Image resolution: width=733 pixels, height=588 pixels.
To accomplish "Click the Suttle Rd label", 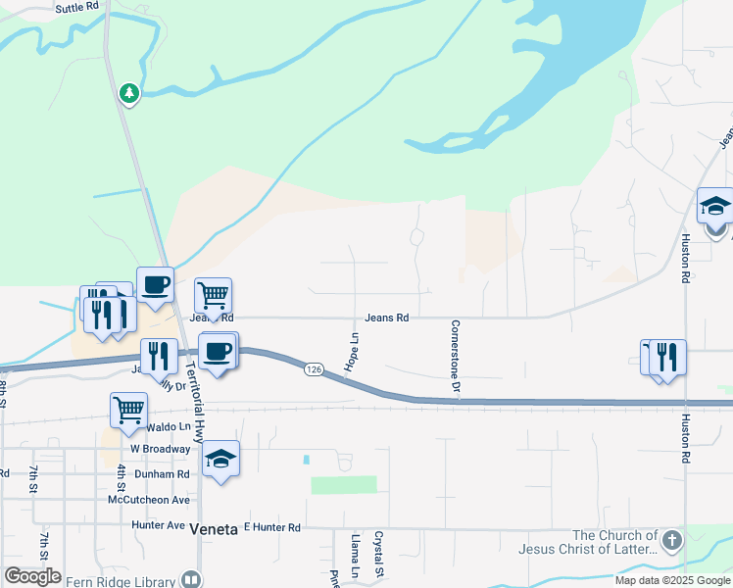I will tap(78, 7).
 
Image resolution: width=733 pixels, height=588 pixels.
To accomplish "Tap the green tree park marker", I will tap(128, 93).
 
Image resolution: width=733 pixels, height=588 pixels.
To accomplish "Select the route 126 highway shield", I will tap(313, 368).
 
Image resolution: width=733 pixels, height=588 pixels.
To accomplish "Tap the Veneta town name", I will tap(214, 529).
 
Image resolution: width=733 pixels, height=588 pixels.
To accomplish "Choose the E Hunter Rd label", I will tap(271, 527).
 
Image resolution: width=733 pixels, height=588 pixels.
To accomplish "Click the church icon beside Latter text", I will tap(671, 541).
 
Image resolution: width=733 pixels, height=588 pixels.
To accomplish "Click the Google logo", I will tap(32, 576).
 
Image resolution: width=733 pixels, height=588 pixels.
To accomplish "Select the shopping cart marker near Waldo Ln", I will tap(128, 411).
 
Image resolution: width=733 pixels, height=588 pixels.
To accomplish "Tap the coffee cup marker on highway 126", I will tap(218, 350).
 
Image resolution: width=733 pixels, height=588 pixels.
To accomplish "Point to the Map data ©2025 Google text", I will tap(671, 580).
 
